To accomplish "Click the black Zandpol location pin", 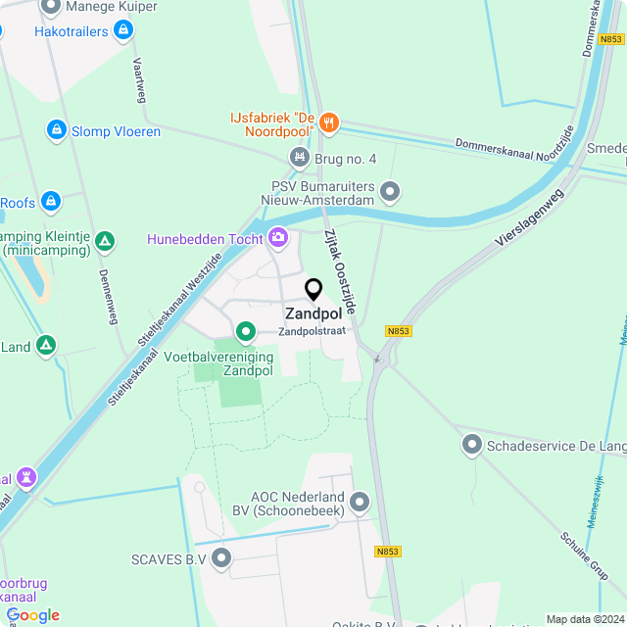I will pyautogui.click(x=313, y=290).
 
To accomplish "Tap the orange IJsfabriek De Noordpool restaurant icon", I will pyautogui.click(x=329, y=123).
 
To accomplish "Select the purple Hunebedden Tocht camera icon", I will pyautogui.click(x=278, y=238).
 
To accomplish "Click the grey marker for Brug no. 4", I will pyautogui.click(x=300, y=157).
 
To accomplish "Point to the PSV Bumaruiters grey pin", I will pyautogui.click(x=391, y=191).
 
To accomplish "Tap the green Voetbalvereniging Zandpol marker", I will pyautogui.click(x=246, y=331).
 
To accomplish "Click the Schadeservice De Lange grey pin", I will pyautogui.click(x=472, y=445).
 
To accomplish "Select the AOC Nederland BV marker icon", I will pyautogui.click(x=360, y=503).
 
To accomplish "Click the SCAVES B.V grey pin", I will pyautogui.click(x=221, y=558).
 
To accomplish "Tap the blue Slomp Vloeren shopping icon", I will pyautogui.click(x=57, y=129).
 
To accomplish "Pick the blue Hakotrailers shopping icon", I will pyautogui.click(x=122, y=31).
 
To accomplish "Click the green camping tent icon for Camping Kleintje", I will pyautogui.click(x=106, y=241).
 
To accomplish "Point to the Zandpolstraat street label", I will pyautogui.click(x=311, y=331).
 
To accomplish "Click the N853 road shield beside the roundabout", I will pyautogui.click(x=399, y=331).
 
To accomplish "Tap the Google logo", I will pyautogui.click(x=32, y=614).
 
